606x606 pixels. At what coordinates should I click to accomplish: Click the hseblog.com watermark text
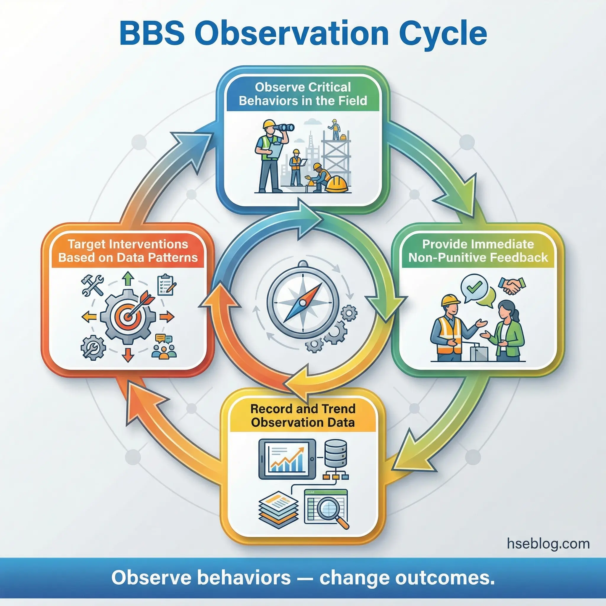pos(548,543)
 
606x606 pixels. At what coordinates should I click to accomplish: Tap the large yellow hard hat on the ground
pos(336,184)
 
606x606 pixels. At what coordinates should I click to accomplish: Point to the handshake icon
pos(512,286)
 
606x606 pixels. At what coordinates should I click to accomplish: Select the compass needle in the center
pos(303,303)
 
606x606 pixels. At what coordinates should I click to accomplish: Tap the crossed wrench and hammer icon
pos(92,284)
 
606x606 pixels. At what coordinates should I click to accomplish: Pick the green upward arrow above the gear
pos(128,278)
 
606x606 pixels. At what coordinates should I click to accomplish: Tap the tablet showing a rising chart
pos(287,459)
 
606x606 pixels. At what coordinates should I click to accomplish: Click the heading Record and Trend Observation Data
pos(303,416)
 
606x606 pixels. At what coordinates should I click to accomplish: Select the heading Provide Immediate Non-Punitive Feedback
pos(478,251)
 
